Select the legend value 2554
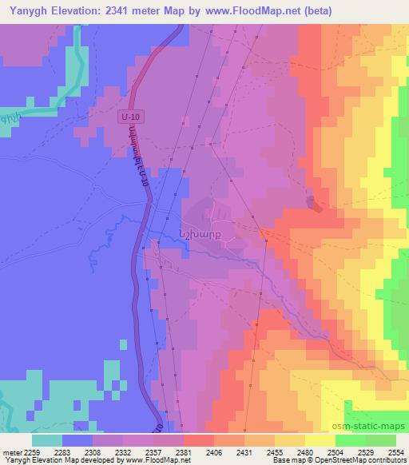coord(397,453)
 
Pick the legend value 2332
coord(123,453)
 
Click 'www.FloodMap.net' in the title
coord(249,11)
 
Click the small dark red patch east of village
coord(318,206)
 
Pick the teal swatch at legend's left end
coord(48,441)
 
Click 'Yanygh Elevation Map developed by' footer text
coord(50,461)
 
